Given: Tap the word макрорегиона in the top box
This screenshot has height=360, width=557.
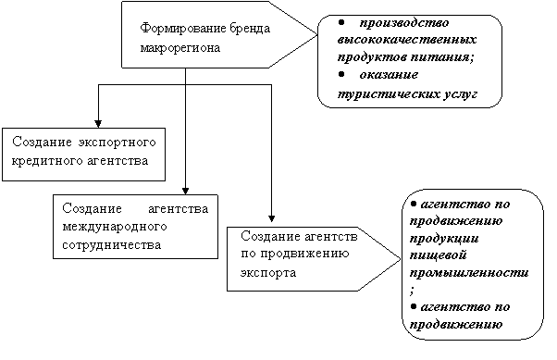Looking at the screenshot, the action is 180,48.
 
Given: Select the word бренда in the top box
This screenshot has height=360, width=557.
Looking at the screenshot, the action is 250,28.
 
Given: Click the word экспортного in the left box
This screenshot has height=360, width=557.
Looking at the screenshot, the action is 117,143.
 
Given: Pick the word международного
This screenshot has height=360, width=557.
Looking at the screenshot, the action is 115,227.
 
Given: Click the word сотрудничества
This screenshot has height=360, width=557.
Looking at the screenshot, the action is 112,245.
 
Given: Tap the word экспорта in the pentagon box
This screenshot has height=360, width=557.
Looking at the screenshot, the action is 268,273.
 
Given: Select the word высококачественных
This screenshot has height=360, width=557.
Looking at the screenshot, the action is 407,39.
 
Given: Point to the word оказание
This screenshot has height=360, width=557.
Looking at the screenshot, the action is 389,75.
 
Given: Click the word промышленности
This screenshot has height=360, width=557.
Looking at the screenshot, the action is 469,273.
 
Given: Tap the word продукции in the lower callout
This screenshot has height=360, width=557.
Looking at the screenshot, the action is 444,238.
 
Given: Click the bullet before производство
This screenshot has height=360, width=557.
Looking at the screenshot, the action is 341,22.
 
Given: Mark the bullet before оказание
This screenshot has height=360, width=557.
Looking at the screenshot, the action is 341,74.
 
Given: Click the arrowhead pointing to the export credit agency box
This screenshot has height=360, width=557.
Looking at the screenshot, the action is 98,124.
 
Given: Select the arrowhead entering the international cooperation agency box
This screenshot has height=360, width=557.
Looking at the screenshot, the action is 185,191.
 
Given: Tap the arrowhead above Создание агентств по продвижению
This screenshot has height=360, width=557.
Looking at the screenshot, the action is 271,218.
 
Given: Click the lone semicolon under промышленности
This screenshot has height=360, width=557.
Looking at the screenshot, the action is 412,292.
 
